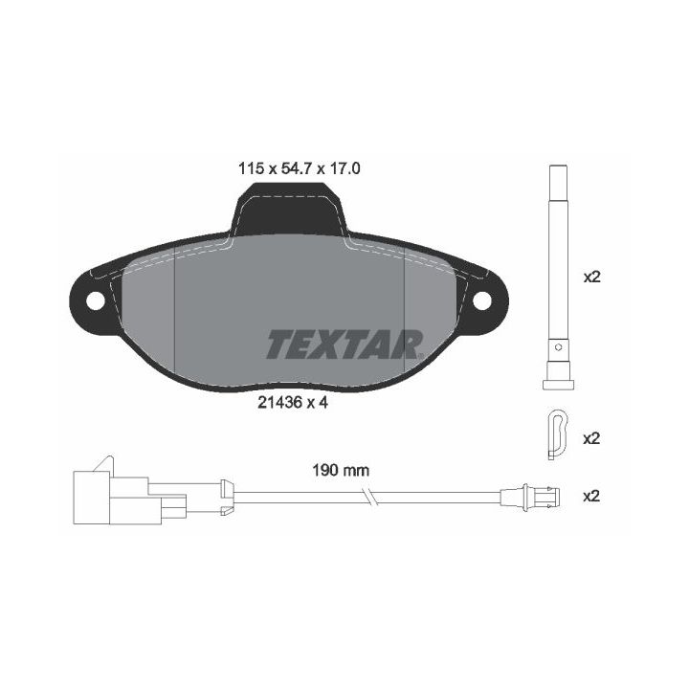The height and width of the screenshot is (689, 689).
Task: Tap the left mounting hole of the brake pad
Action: pyautogui.click(x=96, y=300)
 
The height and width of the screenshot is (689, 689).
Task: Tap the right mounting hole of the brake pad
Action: pyautogui.click(x=481, y=300)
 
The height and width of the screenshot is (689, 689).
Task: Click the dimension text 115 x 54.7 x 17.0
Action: pyautogui.click(x=299, y=168)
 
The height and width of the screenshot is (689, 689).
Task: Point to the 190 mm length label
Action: pyautogui.click(x=340, y=470)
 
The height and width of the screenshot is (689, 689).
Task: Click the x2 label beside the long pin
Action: pyautogui.click(x=591, y=278)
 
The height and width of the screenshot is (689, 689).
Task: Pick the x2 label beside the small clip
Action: pyautogui.click(x=591, y=438)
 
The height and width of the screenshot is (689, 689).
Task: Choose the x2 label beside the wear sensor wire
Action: pyautogui.click(x=591, y=496)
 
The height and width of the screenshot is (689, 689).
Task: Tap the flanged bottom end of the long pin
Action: pyautogui.click(x=556, y=383)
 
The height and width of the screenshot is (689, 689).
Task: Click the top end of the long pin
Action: pyautogui.click(x=556, y=172)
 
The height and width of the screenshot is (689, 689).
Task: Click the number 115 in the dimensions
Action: pyautogui.click(x=250, y=168)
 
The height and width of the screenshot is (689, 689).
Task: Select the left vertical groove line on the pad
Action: pyautogui.click(x=174, y=316)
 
